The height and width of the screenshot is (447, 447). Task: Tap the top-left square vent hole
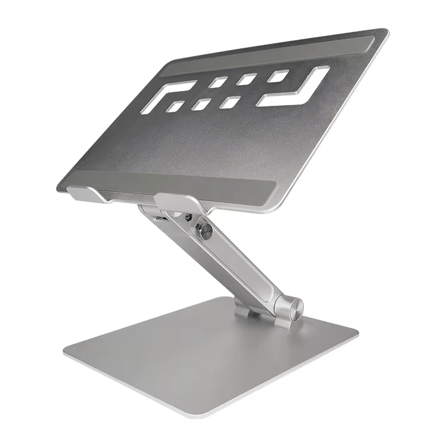(219, 82)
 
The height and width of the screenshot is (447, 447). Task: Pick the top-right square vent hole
(278, 74)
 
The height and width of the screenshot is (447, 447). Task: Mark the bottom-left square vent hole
(176, 107)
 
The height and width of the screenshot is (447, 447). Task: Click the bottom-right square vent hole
(228, 101)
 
